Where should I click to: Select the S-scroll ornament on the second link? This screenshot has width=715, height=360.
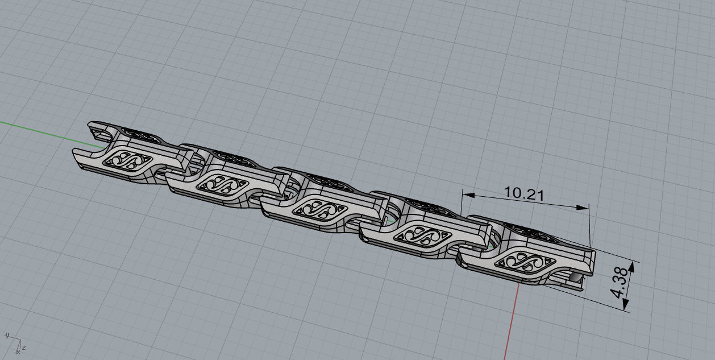[221, 183]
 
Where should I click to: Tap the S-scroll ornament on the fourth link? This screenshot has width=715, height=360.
[419, 233]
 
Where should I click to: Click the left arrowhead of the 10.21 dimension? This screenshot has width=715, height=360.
[466, 195]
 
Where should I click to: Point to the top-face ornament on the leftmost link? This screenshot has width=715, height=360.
[140, 135]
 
